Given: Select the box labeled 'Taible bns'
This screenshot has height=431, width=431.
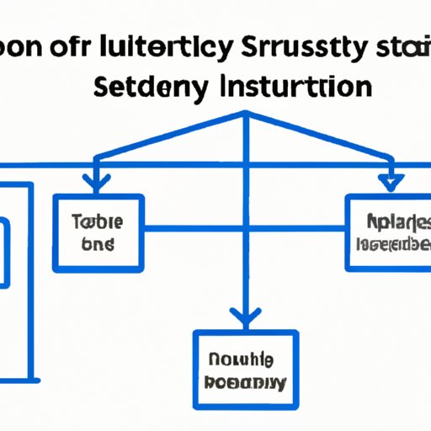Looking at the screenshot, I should click(98, 233).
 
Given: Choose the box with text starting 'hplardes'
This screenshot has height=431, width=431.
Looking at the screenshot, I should click(388, 232).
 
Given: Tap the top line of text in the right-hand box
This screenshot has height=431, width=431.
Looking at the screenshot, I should click(388, 222).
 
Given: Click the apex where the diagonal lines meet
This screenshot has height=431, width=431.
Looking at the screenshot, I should click(245, 115).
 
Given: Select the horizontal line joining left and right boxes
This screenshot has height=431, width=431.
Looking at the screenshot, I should click(245, 227).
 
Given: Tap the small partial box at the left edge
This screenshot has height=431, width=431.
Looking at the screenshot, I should click(4, 253).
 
